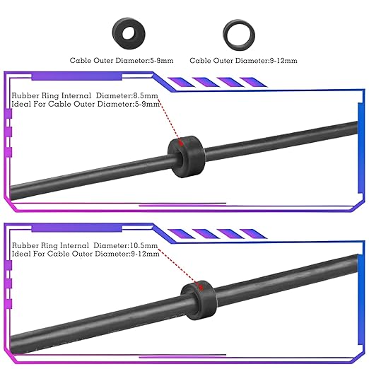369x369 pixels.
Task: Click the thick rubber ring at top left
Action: pyautogui.click(x=118, y=33)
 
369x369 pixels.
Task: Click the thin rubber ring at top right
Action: pyautogui.click(x=226, y=35)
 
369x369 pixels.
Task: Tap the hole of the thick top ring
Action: pyautogui.click(x=129, y=33)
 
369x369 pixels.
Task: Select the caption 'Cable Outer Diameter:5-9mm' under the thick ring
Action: pyautogui.click(x=122, y=61)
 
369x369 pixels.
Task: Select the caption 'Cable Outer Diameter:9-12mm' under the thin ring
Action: pyautogui.click(x=243, y=61)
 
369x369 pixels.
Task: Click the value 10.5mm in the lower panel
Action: pyautogui.click(x=143, y=245)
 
